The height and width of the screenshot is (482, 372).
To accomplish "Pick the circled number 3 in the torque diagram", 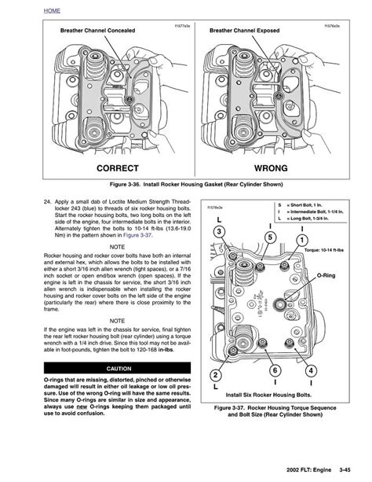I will point(220,230).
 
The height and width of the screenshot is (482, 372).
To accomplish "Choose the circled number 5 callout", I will point(270,237).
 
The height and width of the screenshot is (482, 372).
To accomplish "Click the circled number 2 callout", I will point(215,374).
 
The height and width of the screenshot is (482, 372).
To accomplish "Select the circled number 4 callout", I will point(311,370).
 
